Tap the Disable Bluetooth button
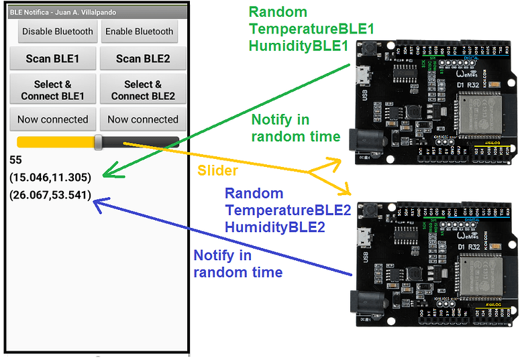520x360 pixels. [x=52, y=32]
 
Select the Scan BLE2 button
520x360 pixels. [x=143, y=59]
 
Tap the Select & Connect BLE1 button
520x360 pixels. [x=52, y=90]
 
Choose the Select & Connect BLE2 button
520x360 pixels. [x=143, y=90]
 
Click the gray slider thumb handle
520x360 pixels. [x=99, y=141]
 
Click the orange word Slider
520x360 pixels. [x=217, y=170]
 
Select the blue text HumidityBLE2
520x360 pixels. [x=275, y=227]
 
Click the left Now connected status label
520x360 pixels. [x=52, y=119]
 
